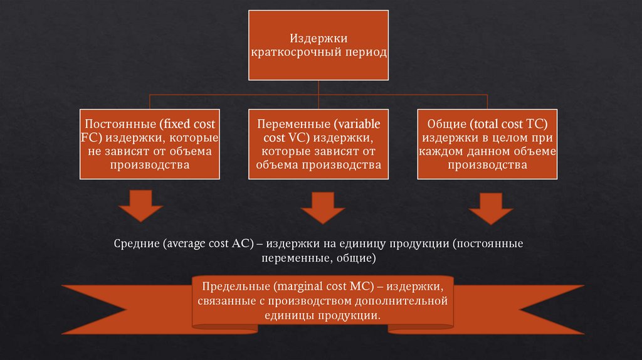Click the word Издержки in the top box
click(319, 39)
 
